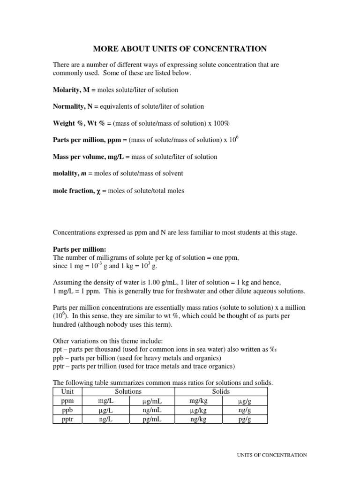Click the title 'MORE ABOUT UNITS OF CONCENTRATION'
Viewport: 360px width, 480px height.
point(180,48)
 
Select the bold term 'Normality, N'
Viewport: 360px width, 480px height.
point(72,106)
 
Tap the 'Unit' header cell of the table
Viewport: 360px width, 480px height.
point(67,391)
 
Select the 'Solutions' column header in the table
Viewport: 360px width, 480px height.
point(128,391)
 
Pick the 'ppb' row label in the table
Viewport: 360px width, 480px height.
point(67,410)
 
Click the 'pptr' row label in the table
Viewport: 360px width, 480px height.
point(67,420)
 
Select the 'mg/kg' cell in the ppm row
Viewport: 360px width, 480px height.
point(198,401)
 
